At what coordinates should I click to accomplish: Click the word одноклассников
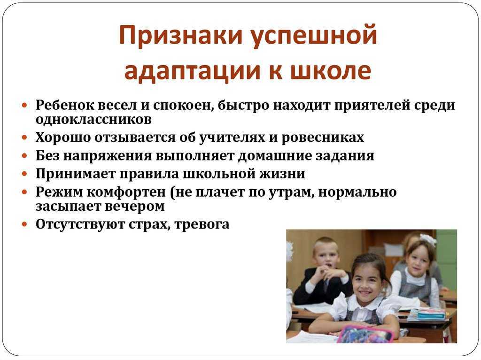(93, 119)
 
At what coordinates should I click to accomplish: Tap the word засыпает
(67, 207)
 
